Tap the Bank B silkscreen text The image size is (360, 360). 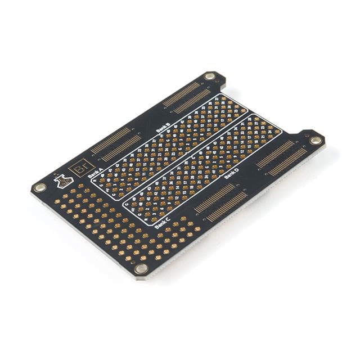163,126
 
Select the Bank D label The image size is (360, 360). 231,174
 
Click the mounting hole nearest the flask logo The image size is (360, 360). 39,188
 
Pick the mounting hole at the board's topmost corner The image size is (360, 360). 210,76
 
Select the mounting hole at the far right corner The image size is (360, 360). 316,140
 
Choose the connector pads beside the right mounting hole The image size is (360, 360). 282,158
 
